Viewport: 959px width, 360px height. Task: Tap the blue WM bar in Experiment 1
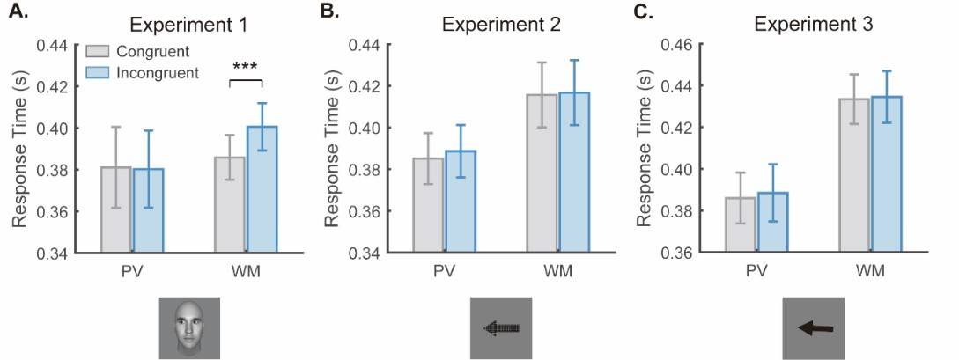pyautogui.click(x=262, y=189)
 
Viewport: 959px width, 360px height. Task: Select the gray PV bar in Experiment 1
pyautogui.click(x=115, y=209)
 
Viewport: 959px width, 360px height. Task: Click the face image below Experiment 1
pyautogui.click(x=189, y=328)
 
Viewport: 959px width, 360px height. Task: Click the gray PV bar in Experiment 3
pyautogui.click(x=740, y=224)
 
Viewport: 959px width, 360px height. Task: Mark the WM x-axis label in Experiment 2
pyautogui.click(x=557, y=269)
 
